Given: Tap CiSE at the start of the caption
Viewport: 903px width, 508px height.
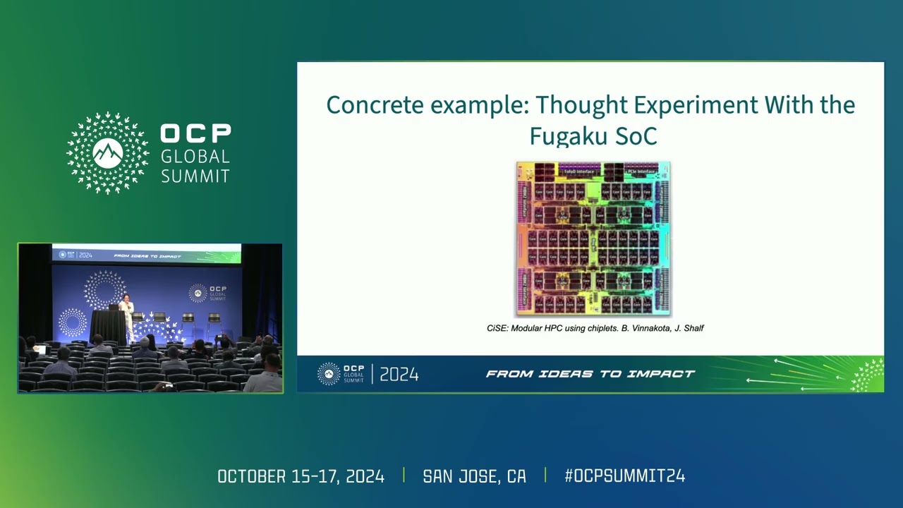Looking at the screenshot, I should point(497,328).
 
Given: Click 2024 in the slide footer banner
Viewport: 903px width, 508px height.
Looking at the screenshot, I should point(399,375).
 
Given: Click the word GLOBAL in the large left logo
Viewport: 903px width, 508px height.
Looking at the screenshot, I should point(195,156).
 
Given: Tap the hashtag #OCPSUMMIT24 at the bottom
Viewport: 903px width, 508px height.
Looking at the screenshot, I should point(624,476).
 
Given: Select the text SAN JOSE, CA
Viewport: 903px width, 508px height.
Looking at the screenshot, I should point(474,476).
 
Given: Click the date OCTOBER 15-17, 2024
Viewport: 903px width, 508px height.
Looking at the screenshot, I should point(301,476).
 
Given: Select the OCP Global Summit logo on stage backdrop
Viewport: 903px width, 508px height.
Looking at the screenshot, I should point(209,293).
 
